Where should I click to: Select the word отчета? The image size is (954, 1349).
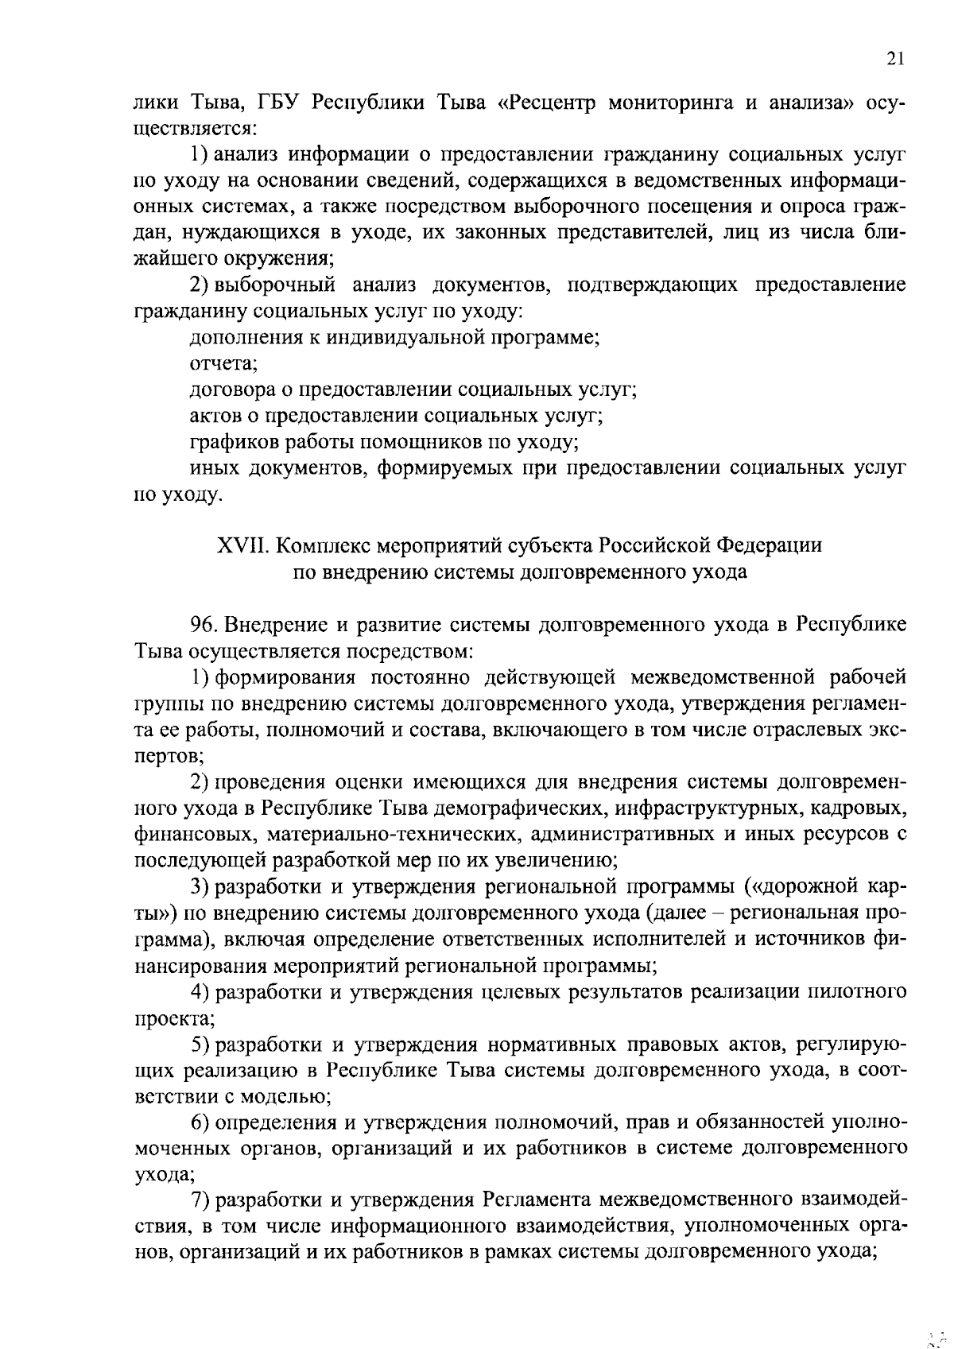pyautogui.click(x=213, y=364)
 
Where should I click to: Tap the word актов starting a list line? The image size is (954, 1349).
pyautogui.click(x=216, y=415)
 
